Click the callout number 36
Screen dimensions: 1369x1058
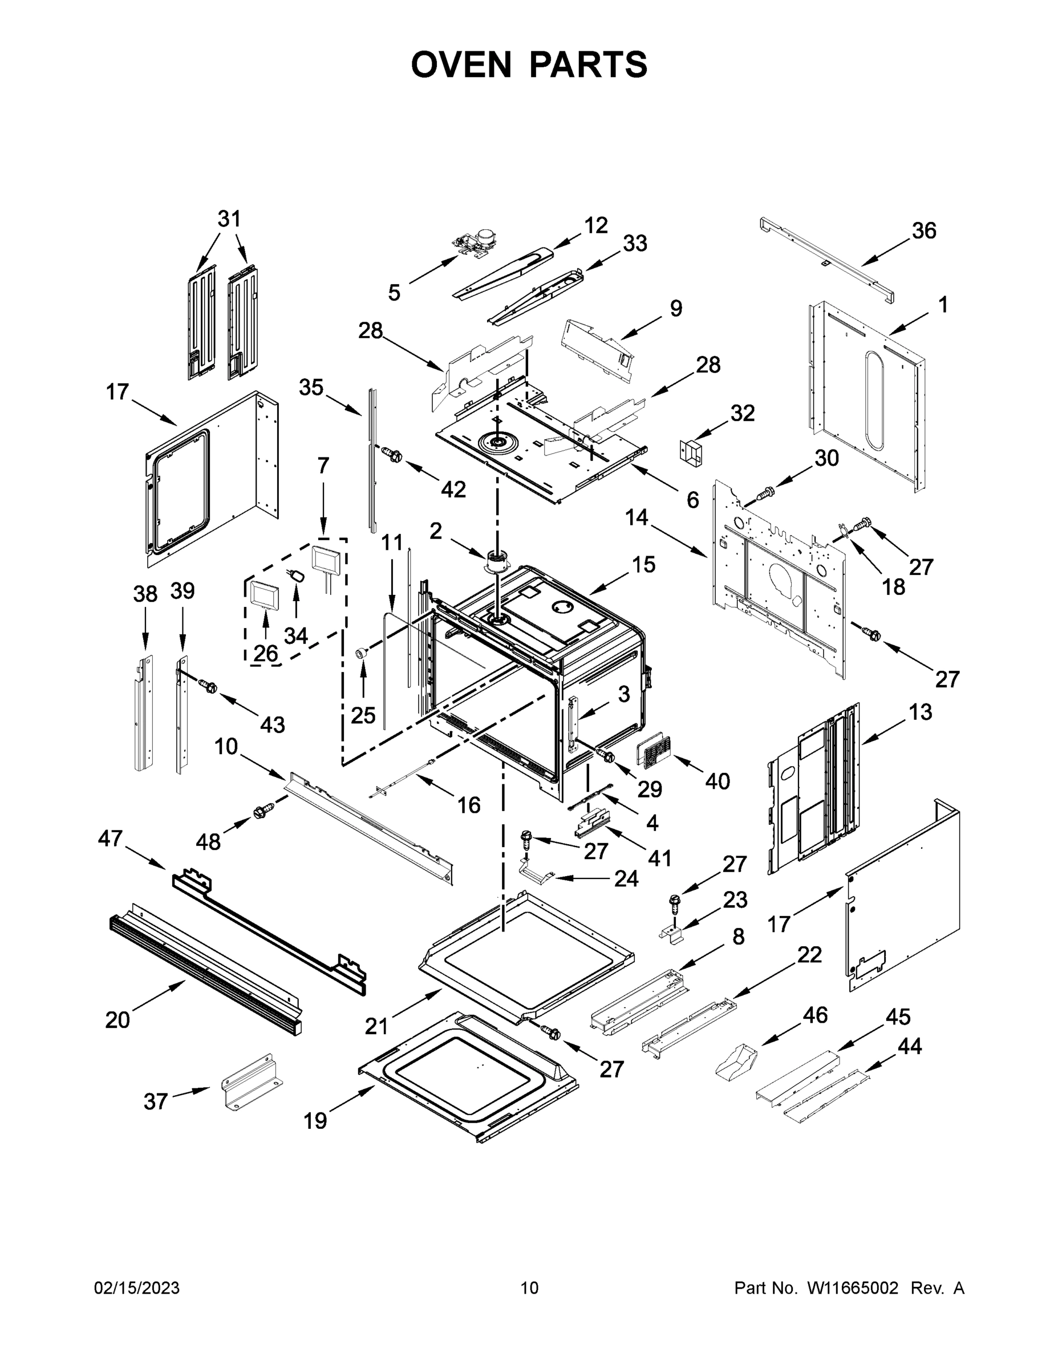click(x=923, y=230)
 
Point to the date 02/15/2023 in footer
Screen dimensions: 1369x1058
click(x=137, y=1288)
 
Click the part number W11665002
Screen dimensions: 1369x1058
click(x=853, y=1288)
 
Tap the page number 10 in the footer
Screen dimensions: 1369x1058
click(x=529, y=1288)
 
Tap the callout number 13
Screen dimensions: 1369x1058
click(x=920, y=712)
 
